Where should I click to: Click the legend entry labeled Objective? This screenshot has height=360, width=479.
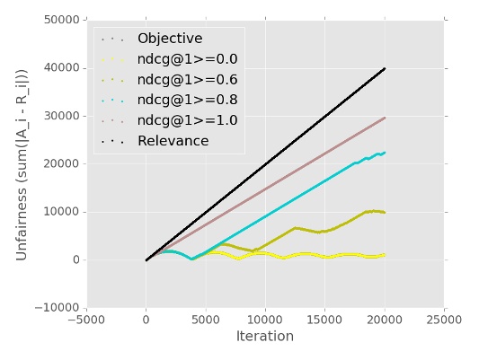pyautogui.click(x=170, y=39)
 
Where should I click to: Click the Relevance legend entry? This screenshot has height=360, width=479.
pyautogui.click(x=173, y=141)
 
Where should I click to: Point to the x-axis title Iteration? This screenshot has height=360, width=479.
pyautogui.click(x=265, y=337)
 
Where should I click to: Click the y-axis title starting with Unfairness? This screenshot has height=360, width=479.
pyautogui.click(x=22, y=164)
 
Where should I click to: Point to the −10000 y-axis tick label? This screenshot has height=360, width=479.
pyautogui.click(x=53, y=308)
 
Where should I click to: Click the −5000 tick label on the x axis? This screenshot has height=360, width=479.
pyautogui.click(x=86, y=318)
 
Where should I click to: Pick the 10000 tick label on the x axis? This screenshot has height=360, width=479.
pyautogui.click(x=265, y=318)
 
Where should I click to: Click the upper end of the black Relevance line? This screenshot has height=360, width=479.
pyautogui.click(x=385, y=68)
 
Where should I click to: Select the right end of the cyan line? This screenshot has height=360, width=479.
pyautogui.click(x=385, y=153)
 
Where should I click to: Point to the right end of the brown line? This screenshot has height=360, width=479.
pyautogui.click(x=385, y=118)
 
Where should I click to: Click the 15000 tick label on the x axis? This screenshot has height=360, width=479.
pyautogui.click(x=325, y=318)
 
